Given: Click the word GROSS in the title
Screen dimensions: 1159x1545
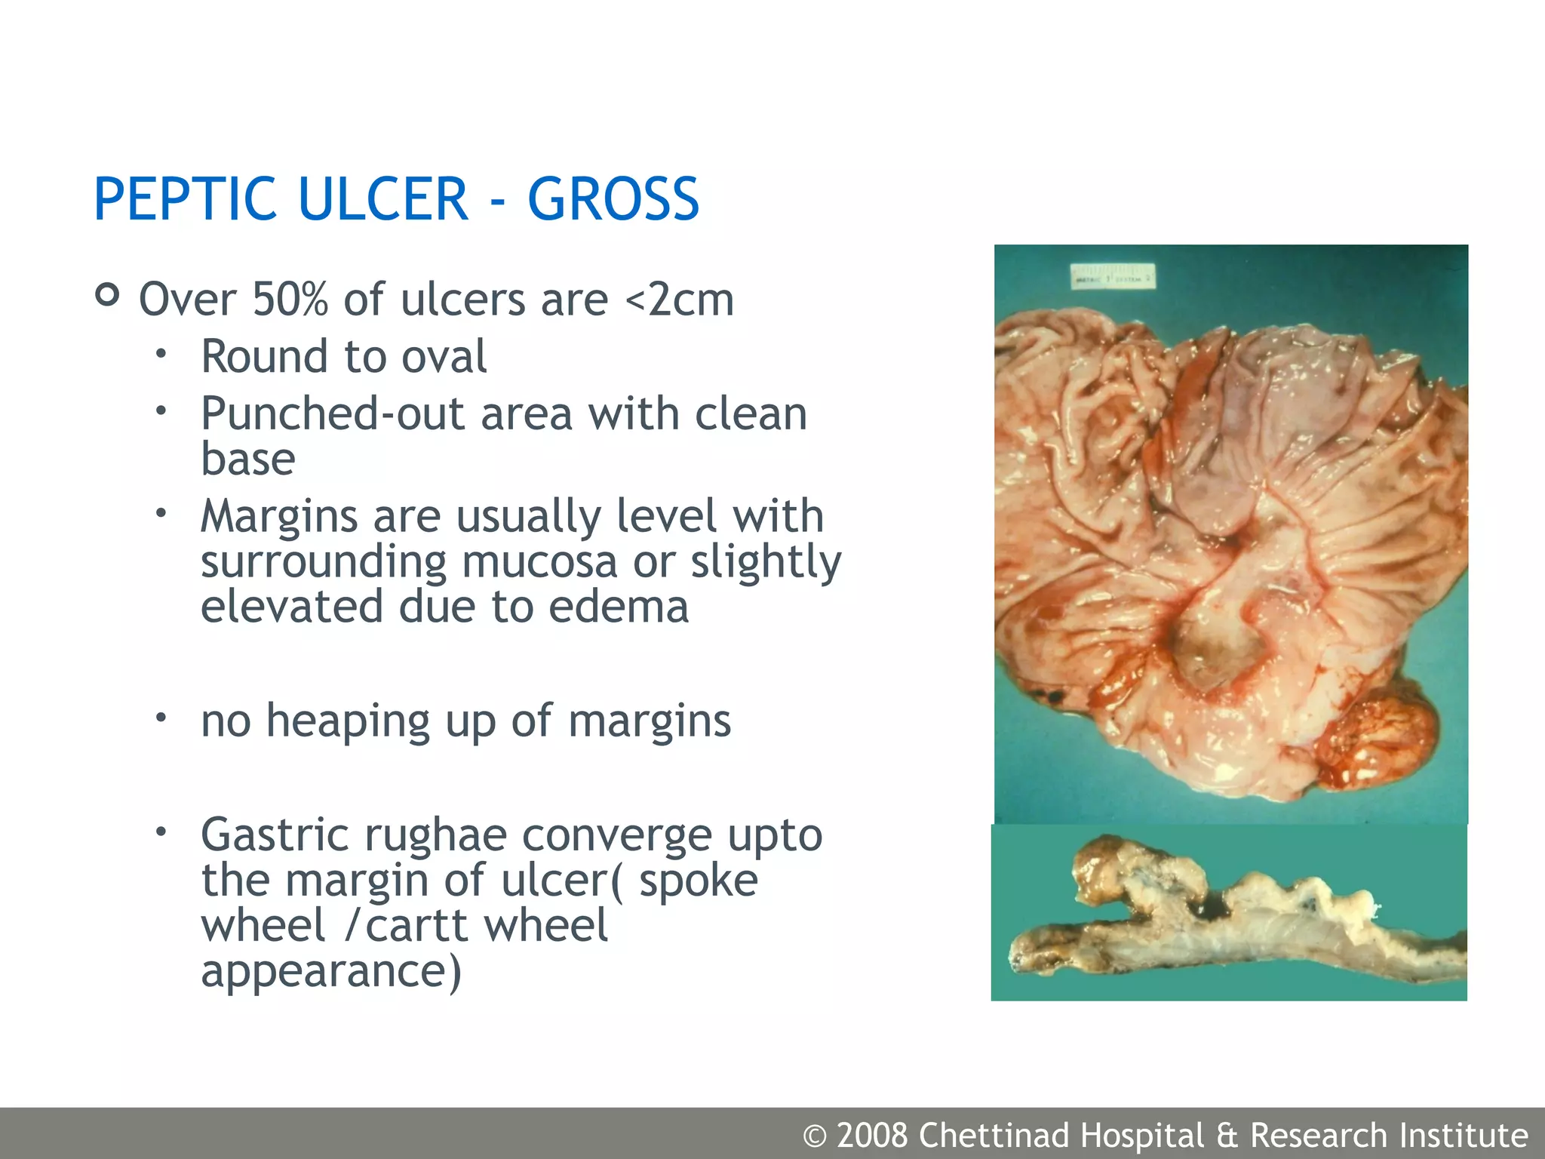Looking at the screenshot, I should point(613,199).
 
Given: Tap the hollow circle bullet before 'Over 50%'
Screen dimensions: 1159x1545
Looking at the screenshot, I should point(108,294).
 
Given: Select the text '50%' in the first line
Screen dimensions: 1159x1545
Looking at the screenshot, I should point(290,300).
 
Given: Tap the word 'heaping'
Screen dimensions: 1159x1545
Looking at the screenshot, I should point(348,721).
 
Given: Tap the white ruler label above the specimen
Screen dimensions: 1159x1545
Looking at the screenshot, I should point(1113,276).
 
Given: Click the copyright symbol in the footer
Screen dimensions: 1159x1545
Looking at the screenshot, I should point(814,1136).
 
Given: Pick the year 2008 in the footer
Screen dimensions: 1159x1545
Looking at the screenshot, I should point(871,1136).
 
